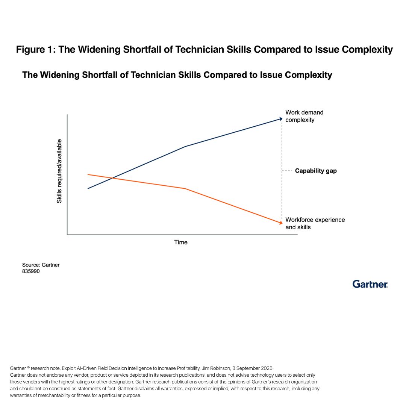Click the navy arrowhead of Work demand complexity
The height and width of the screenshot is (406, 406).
(281, 119)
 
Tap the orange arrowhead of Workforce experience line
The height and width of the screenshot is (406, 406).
(281, 223)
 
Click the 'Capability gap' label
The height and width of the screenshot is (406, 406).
(316, 171)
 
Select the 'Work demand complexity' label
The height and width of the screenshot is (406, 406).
(304, 116)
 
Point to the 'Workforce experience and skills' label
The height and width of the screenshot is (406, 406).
(315, 223)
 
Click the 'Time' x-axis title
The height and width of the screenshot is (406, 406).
(181, 242)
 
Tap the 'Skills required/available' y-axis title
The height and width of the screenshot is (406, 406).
(59, 171)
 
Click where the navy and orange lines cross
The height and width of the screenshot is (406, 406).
(112, 178)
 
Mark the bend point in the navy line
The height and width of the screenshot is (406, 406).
(185, 147)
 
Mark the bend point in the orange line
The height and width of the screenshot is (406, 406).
(185, 188)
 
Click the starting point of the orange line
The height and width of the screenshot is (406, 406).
(88, 174)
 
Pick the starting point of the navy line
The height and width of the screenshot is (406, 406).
(88, 188)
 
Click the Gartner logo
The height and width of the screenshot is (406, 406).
(370, 284)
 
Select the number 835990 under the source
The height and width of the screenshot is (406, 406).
(31, 271)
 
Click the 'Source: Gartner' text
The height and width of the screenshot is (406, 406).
(41, 265)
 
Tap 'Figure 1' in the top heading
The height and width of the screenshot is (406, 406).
(36, 50)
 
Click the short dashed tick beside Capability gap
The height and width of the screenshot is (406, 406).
(287, 171)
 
